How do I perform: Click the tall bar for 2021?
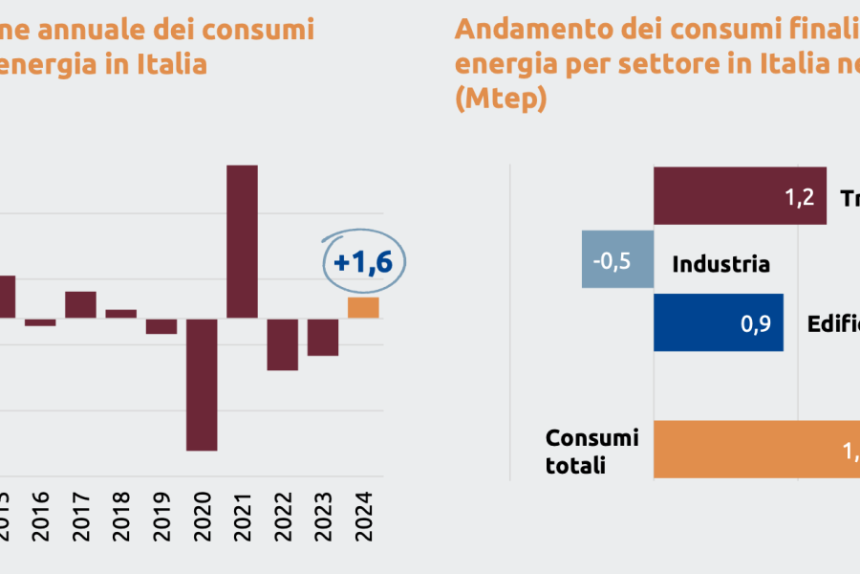[242, 241]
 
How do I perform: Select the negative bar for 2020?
[202, 384]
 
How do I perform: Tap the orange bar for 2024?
[363, 307]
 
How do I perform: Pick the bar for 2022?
[282, 343]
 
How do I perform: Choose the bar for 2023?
[323, 337]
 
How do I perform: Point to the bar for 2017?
[80, 304]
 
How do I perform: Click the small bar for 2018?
[120, 313]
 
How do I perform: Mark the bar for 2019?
[161, 326]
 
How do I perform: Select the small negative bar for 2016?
[40, 322]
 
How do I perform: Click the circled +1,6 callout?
[363, 261]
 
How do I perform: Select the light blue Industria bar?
[617, 258]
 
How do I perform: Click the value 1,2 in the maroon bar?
[799, 198]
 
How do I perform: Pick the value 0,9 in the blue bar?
[756, 323]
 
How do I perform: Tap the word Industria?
[720, 264]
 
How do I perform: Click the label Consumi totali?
[591, 451]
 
